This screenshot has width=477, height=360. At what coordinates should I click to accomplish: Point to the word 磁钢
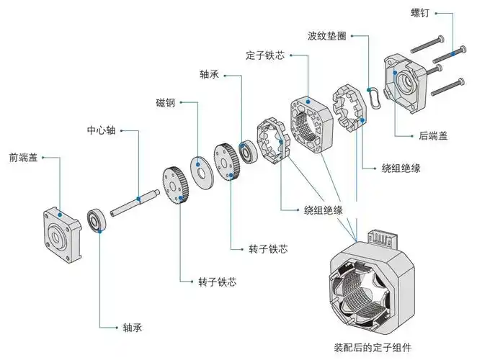click(x=165, y=102)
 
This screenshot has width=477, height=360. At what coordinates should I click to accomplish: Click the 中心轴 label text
click(x=101, y=131)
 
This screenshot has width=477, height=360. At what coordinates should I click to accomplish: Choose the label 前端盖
click(x=24, y=157)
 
